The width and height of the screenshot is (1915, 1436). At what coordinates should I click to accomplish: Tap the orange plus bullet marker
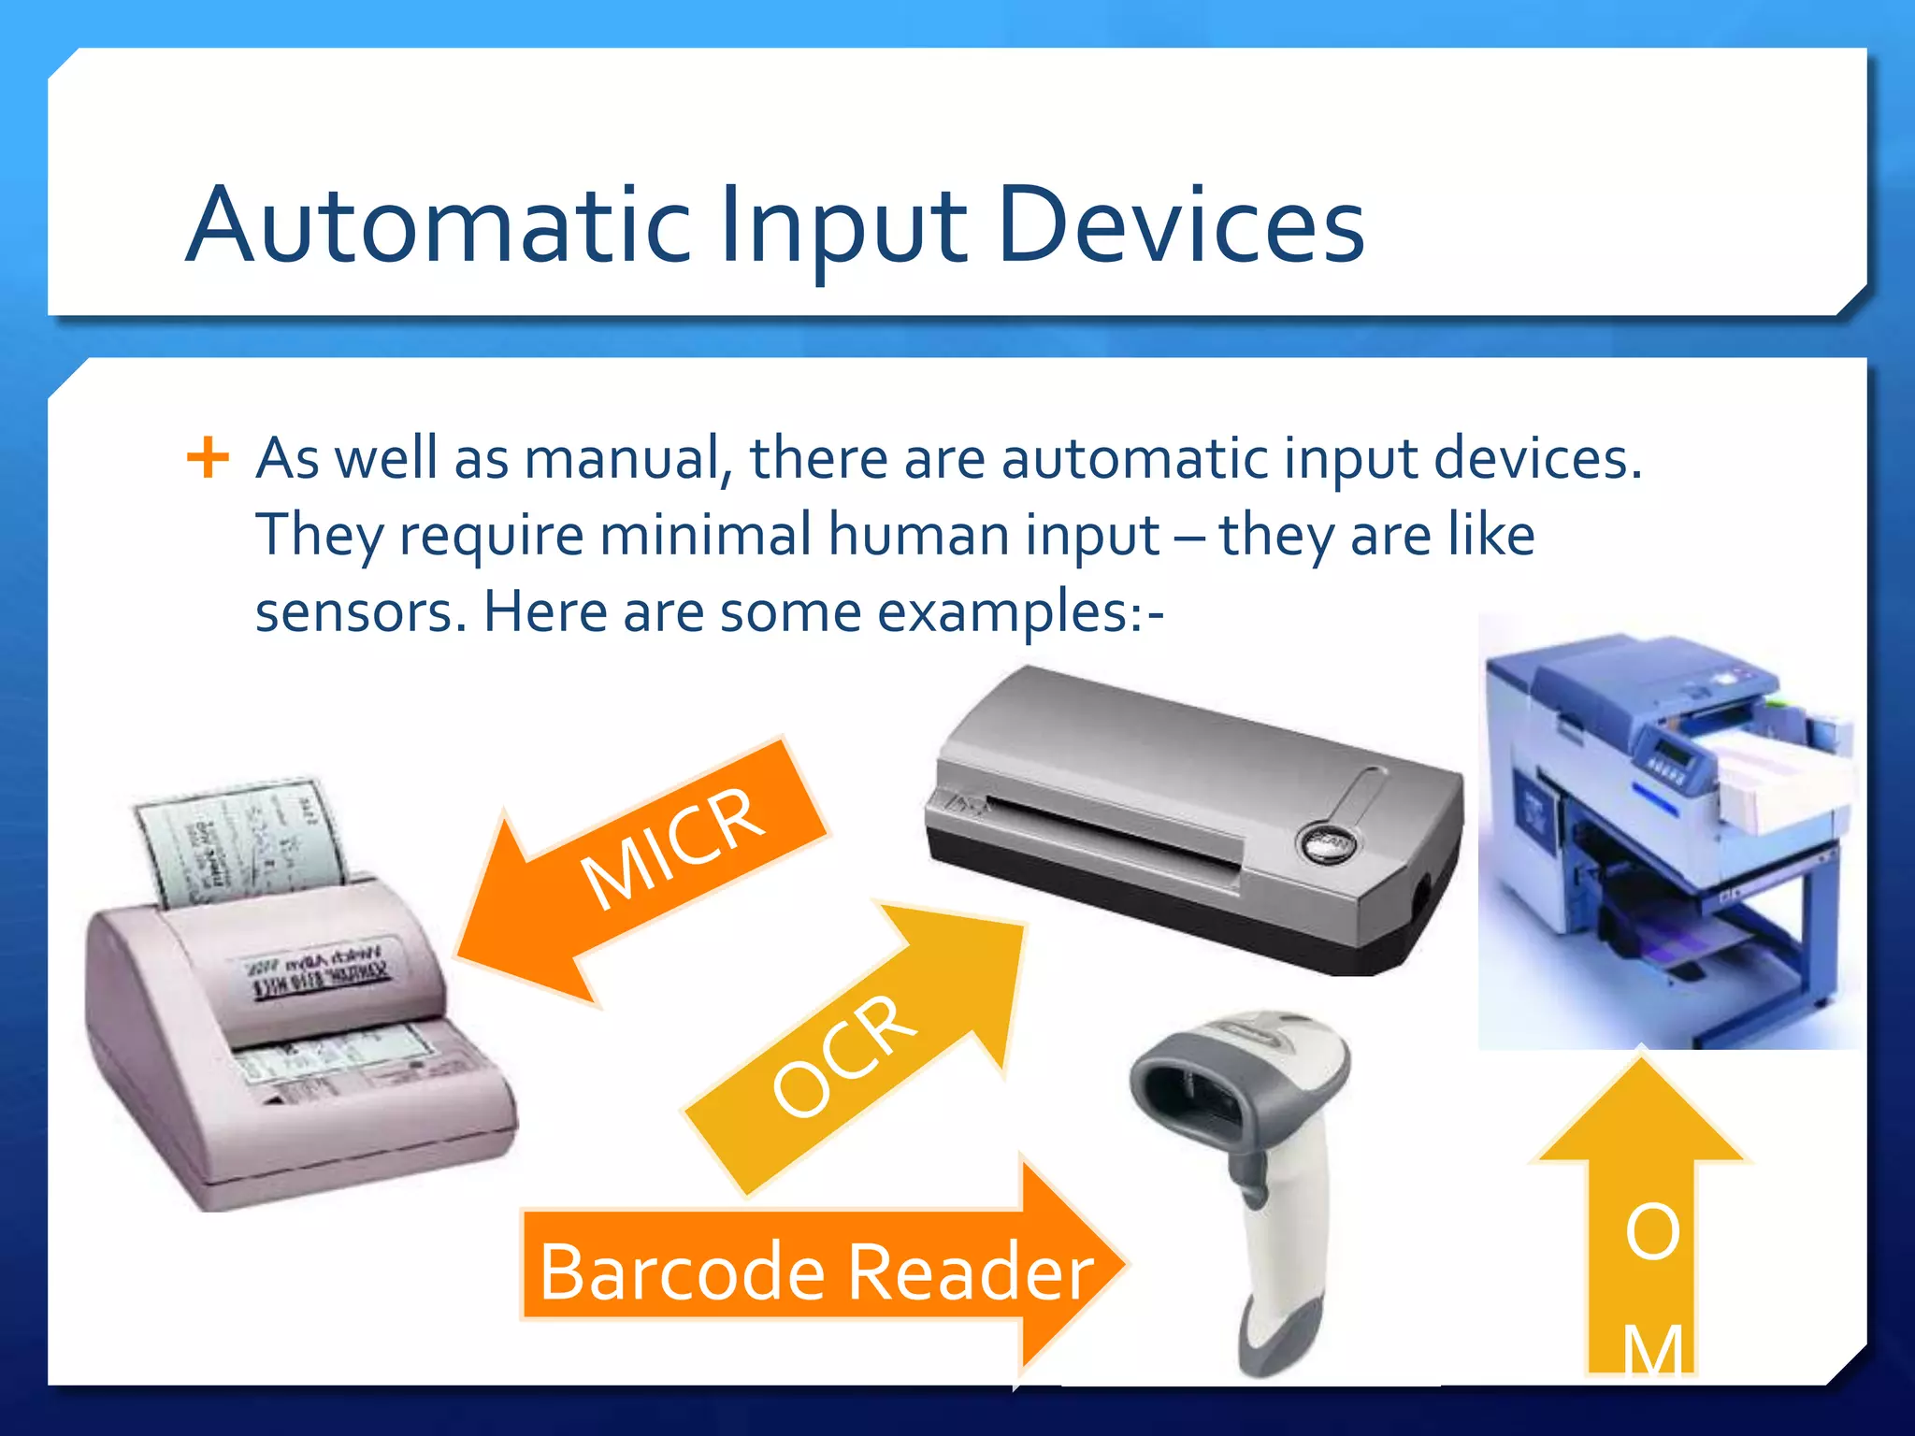208,458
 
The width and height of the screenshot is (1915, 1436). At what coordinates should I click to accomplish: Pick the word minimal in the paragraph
706,536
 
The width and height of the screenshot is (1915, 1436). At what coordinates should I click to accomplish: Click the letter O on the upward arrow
1651,1231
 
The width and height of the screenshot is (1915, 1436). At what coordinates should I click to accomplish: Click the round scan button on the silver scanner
1327,844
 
